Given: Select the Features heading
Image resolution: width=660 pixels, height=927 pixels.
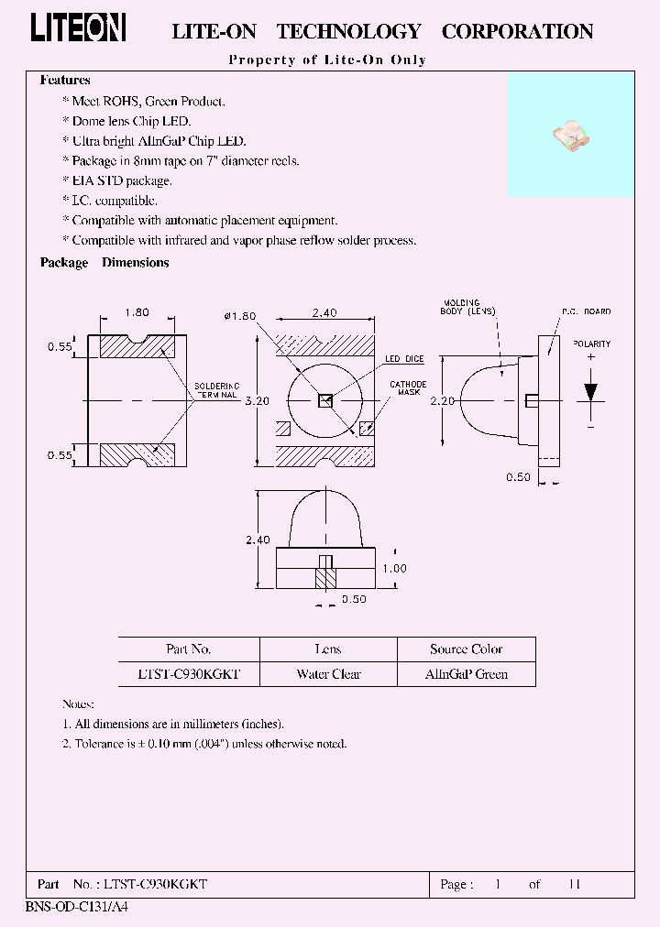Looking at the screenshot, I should coord(65,81).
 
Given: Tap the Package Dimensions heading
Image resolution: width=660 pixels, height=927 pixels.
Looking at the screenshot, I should coord(104,263).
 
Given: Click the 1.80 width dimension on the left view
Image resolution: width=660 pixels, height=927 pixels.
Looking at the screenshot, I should coord(137,312).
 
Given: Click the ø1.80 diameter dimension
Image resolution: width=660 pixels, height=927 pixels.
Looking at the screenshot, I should coord(239,316).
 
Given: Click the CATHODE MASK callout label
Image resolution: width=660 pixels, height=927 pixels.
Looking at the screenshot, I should coord(408,389).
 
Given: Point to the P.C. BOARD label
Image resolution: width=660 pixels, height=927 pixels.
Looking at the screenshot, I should coord(586,312).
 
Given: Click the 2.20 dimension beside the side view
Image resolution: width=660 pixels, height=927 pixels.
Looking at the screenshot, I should coord(444,400).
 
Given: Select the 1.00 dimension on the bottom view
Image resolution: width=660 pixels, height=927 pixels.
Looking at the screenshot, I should coord(394,568).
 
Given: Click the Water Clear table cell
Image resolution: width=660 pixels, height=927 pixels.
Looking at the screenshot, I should coord(328,674).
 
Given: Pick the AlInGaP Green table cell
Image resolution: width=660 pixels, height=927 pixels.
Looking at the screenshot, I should coord(466,674).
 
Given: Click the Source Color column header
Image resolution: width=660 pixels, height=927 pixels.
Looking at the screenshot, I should coord(466,649).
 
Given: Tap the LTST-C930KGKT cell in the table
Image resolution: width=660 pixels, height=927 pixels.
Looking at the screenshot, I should coord(190,674).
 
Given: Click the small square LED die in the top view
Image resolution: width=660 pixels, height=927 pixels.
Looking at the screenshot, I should coord(324,399).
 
